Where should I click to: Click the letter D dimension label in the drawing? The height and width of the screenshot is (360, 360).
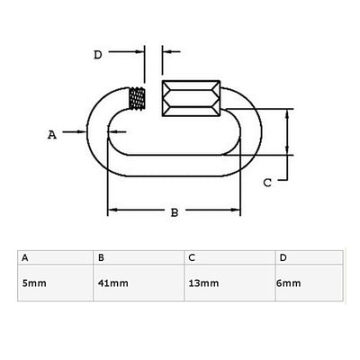click(98, 55)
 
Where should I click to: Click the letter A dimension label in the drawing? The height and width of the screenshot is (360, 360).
click(52, 135)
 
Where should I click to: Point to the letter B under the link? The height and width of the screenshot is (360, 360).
click(175, 212)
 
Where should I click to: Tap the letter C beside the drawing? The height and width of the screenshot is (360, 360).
click(267, 183)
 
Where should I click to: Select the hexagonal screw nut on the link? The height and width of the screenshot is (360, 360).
click(191, 98)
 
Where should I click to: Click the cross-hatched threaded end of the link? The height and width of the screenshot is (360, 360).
click(137, 98)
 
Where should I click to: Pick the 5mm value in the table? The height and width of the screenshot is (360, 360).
click(34, 283)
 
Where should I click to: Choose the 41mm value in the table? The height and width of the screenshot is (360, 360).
click(113, 283)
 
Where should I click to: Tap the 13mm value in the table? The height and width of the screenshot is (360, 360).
click(203, 283)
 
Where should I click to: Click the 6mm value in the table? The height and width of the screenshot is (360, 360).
click(289, 283)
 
